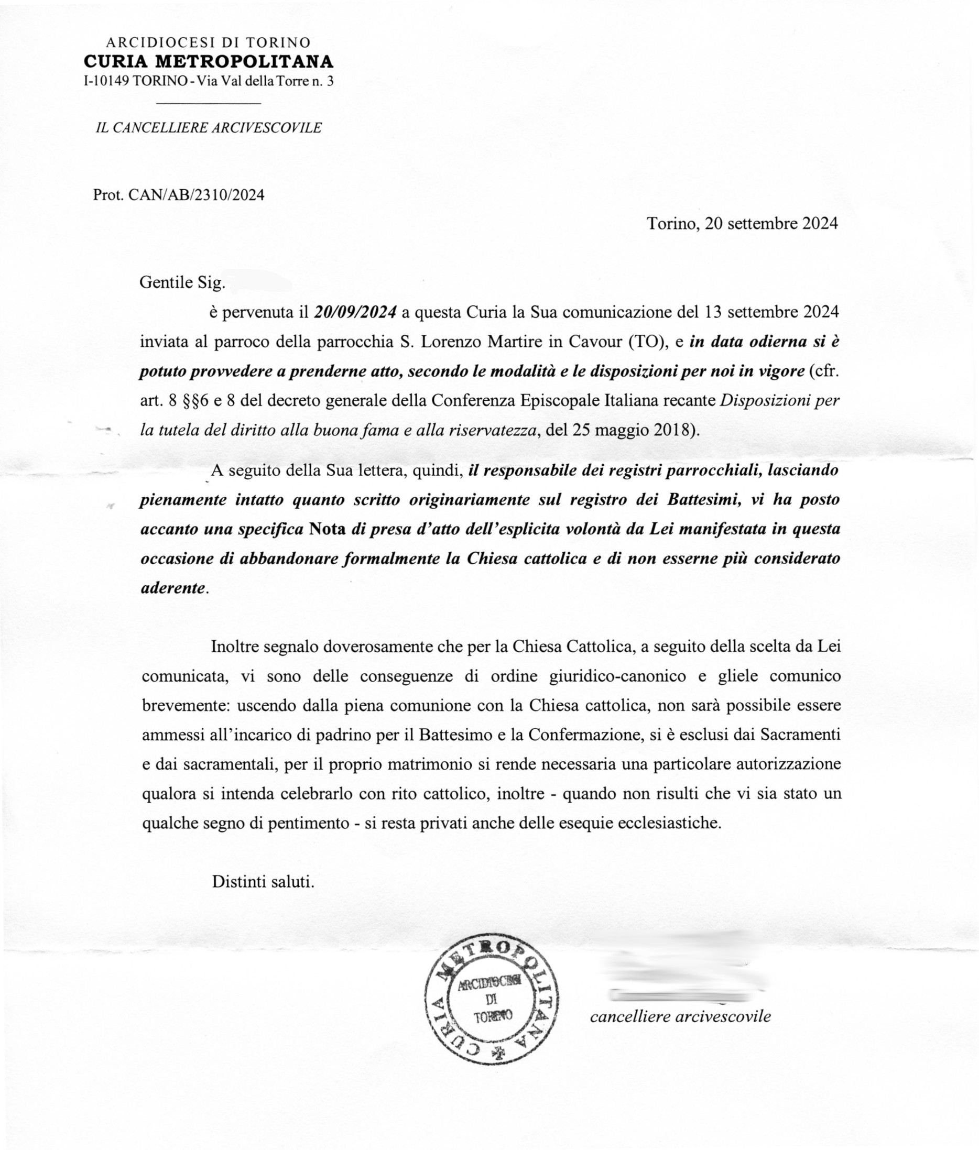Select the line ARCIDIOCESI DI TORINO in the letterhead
pos(208,42)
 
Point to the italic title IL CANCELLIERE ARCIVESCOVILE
pos(209,128)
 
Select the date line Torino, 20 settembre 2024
pos(742,224)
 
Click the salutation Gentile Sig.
pos(182,283)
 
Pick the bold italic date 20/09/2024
pos(355,312)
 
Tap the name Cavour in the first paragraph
pos(593,342)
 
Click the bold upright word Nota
pos(328,529)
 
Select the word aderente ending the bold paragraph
pos(173,587)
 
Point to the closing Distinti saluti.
pos(263,882)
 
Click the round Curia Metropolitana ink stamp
pos(492,999)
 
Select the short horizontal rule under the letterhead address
pos(209,104)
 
